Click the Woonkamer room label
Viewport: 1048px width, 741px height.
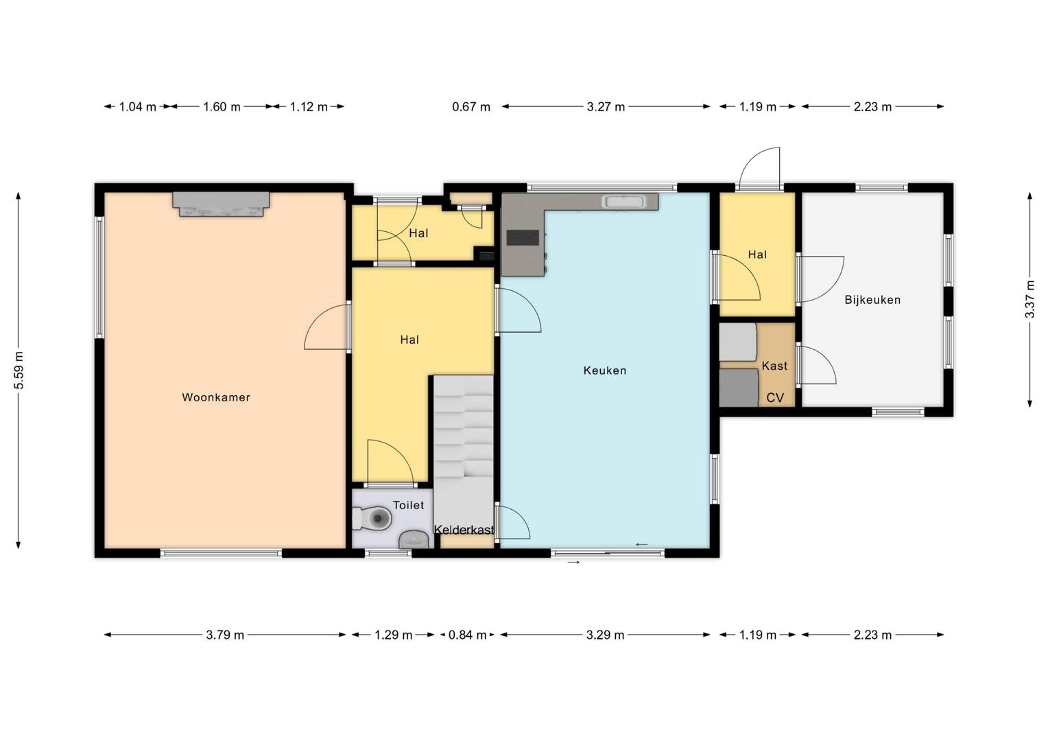point(215,397)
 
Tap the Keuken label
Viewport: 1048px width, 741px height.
point(604,370)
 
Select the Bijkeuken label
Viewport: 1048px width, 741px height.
point(872,300)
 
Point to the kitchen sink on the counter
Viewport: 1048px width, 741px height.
point(625,202)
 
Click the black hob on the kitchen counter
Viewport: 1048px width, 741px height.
point(523,238)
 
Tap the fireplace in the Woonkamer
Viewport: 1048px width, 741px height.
point(221,204)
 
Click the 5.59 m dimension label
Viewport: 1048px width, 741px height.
point(19,370)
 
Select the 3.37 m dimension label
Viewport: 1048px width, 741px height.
point(1029,299)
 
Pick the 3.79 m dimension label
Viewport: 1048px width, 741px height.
point(225,635)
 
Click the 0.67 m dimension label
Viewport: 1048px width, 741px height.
point(471,107)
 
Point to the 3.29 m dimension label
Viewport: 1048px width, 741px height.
point(606,635)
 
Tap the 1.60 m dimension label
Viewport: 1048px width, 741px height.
point(222,107)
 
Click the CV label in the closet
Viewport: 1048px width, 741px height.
point(775,398)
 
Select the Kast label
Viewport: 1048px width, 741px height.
point(774,366)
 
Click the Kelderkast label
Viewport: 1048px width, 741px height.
point(464,530)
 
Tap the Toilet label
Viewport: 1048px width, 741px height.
point(409,505)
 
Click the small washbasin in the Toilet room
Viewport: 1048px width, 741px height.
point(413,539)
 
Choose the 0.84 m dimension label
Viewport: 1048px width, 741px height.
point(467,635)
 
